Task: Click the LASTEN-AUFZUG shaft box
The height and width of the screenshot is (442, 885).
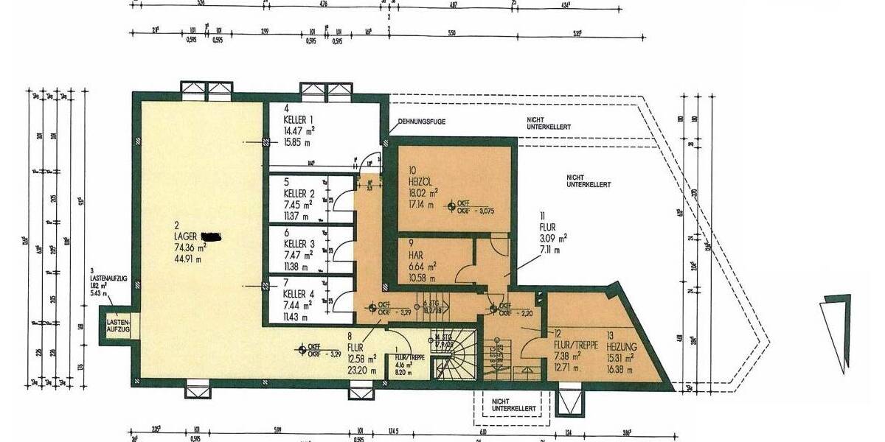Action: click(118, 325)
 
